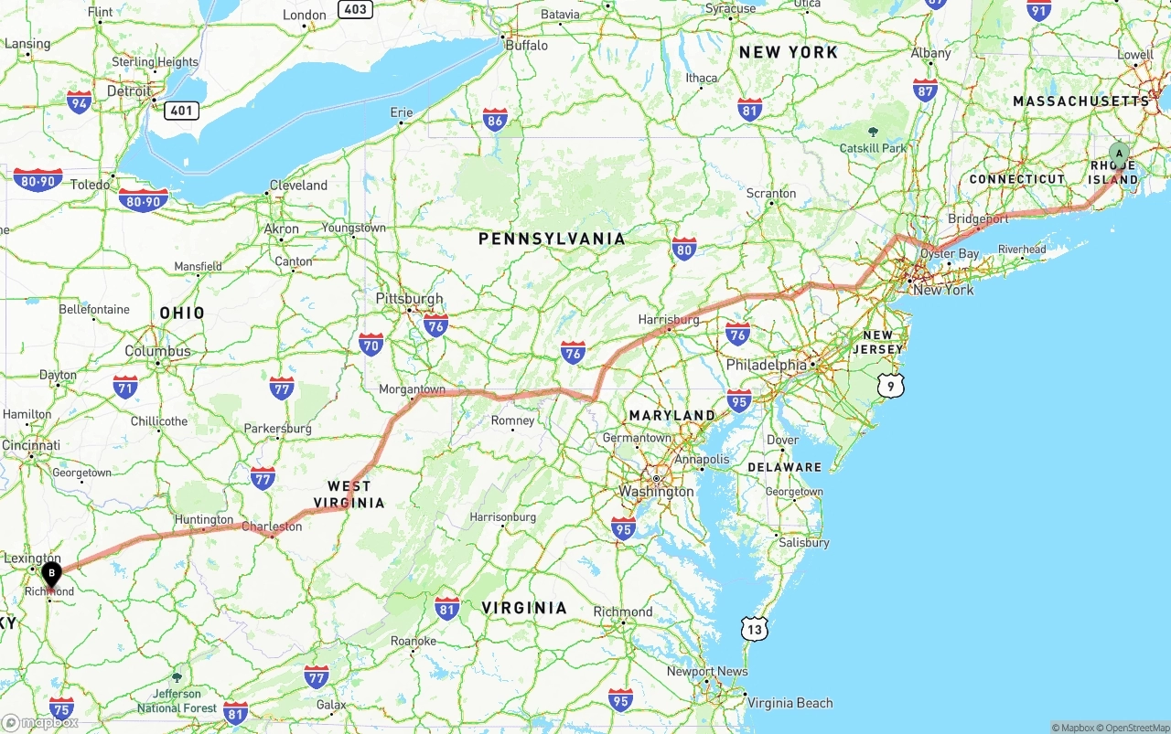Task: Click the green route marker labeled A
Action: tap(1118, 154)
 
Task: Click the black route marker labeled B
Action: tap(52, 574)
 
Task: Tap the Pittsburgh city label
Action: tap(409, 299)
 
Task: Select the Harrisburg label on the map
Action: tap(669, 320)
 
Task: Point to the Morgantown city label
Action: tap(412, 389)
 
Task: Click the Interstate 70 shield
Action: tap(371, 345)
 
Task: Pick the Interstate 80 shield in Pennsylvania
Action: tap(683, 249)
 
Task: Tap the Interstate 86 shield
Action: tap(495, 120)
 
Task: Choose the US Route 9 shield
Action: tap(891, 386)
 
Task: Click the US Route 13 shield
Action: tap(755, 628)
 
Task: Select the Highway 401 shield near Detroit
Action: tap(181, 111)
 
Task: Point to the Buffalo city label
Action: tap(526, 45)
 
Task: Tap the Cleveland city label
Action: tap(297, 185)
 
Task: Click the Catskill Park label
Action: tap(873, 148)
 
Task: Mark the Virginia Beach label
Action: tap(790, 703)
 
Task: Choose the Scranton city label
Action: tap(771, 194)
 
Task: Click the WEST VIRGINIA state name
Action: tap(349, 495)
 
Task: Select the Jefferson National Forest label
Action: tap(177, 701)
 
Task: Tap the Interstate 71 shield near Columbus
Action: tap(125, 387)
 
